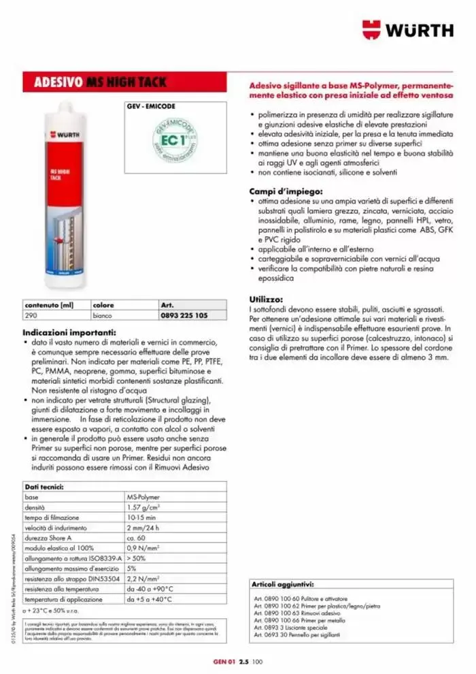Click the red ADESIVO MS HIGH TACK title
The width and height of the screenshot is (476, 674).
click(100, 83)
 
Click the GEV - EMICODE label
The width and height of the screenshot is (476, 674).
click(151, 107)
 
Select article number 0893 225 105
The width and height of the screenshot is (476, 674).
click(184, 316)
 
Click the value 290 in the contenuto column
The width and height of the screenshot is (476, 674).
click(30, 316)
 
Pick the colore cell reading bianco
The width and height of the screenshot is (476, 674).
click(103, 316)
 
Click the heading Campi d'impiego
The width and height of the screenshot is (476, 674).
click(286, 191)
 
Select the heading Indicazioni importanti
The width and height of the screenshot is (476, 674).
click(68, 332)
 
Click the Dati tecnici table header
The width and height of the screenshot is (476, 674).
click(44, 487)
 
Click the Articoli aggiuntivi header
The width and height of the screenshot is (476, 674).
click(282, 584)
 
